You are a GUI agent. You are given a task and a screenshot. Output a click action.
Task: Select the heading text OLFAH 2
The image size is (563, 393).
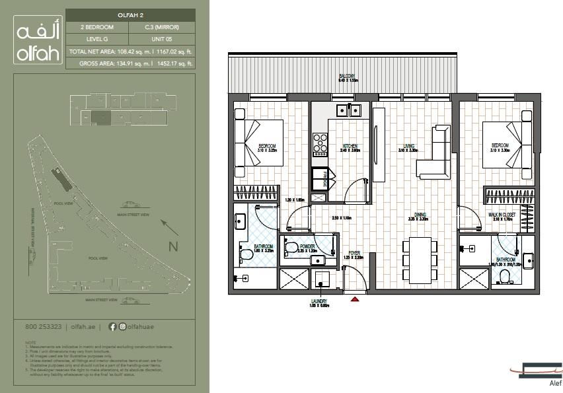coord(130,15)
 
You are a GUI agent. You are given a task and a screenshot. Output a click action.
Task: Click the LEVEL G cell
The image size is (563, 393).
coord(97,39)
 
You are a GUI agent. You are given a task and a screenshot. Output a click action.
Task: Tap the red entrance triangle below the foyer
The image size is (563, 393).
coord(355,299)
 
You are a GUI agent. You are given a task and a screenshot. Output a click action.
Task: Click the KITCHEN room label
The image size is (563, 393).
coord(350,145)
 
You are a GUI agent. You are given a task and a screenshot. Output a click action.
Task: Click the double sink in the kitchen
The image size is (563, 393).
coord(346,110)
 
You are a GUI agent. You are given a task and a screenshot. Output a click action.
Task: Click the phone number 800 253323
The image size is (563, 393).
coord(43,326)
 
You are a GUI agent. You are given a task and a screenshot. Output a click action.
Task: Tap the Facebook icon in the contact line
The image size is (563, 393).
coord(112,326)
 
